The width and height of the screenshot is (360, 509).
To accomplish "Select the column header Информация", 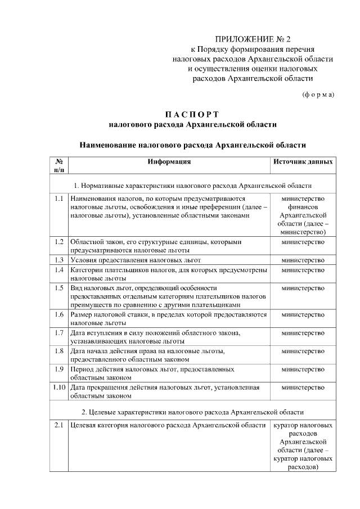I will point(169,161).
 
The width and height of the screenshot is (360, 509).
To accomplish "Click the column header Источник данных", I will point(303,161).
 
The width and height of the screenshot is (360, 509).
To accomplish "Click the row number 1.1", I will point(58,199).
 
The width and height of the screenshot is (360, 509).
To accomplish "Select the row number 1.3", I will point(58,260).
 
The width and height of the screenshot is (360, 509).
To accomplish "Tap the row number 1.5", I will point(58,288).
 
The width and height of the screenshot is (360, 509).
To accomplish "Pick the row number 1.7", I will point(58,333).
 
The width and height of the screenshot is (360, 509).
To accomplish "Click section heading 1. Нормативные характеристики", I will point(192,185).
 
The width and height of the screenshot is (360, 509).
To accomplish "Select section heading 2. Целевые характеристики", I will point(192,412).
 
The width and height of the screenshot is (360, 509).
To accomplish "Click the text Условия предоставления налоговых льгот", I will point(136,260).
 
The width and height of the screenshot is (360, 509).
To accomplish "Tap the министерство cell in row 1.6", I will point(303,315).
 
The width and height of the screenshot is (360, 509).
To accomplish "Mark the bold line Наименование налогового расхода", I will point(192,145).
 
